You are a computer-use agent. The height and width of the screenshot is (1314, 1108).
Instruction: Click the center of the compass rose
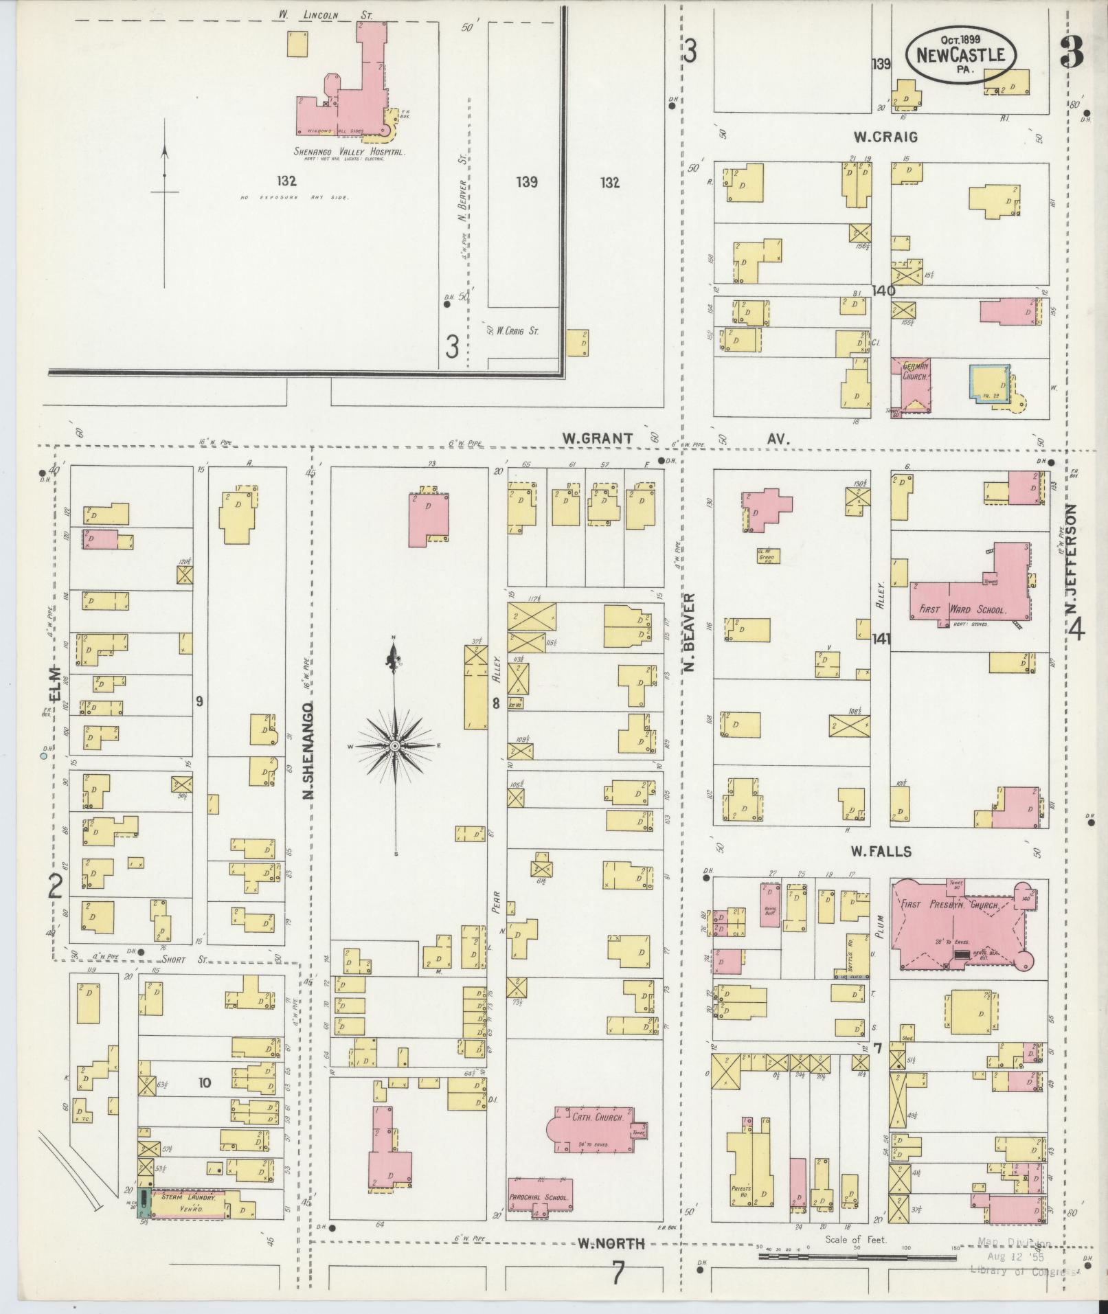[x=395, y=745]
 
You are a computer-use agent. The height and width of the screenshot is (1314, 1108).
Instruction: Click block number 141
[x=881, y=639]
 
